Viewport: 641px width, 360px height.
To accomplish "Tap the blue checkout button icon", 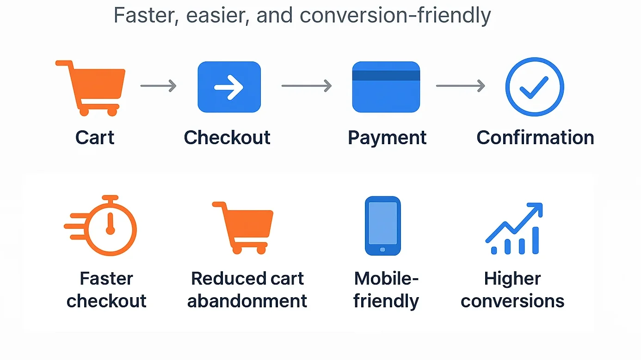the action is click(x=229, y=87).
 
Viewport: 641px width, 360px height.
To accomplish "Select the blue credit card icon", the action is click(x=386, y=87).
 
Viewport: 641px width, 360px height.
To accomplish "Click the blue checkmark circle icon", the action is click(x=535, y=87).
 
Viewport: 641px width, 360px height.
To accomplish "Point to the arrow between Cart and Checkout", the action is click(x=158, y=86).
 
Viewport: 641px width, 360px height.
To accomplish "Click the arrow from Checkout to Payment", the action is click(x=307, y=86).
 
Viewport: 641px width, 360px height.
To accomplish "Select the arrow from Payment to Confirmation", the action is click(x=461, y=86).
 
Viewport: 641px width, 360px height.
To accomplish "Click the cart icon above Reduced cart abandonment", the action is click(x=243, y=228).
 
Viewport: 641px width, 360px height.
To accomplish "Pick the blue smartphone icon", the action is click(x=382, y=226).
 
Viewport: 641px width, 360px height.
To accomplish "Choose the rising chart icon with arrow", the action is click(x=514, y=228).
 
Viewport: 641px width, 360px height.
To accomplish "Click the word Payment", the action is click(x=387, y=138).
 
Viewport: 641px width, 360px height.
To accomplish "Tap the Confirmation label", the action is click(x=535, y=137).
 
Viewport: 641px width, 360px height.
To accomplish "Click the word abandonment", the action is click(x=247, y=301).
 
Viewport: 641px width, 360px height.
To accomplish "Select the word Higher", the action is click(x=512, y=279).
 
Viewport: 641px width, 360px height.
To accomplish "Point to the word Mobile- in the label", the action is click(x=386, y=278).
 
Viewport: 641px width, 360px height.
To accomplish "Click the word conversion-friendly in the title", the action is click(x=395, y=15).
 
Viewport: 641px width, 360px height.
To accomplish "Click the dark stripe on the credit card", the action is click(x=386, y=75).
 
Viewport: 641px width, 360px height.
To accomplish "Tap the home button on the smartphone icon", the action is click(x=382, y=250).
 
